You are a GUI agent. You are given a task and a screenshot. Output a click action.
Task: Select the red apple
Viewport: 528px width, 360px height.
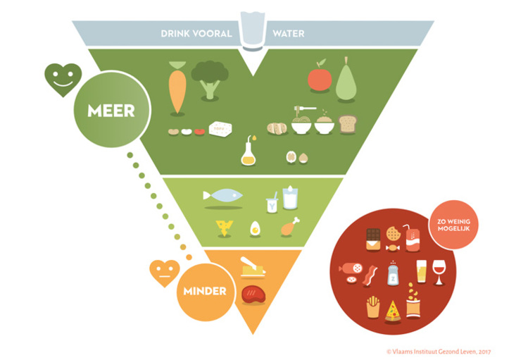pos(320,77)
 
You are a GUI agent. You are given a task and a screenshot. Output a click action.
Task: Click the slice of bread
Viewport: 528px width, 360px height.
pos(348,125)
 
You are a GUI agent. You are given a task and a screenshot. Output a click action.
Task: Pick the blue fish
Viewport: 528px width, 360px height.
pos(222,195)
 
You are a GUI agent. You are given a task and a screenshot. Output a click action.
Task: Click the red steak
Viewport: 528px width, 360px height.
pos(251,292)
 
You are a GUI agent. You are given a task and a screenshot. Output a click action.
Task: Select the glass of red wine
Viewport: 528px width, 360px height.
pos(439,271)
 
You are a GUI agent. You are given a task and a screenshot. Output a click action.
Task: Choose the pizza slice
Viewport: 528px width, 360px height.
pos(393,310)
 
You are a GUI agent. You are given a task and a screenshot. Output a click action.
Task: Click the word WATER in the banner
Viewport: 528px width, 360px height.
pos(288,33)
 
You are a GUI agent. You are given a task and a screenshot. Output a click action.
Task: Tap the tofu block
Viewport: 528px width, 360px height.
pos(220,130)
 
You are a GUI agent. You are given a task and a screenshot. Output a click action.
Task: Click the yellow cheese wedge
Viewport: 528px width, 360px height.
pos(225,227)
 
